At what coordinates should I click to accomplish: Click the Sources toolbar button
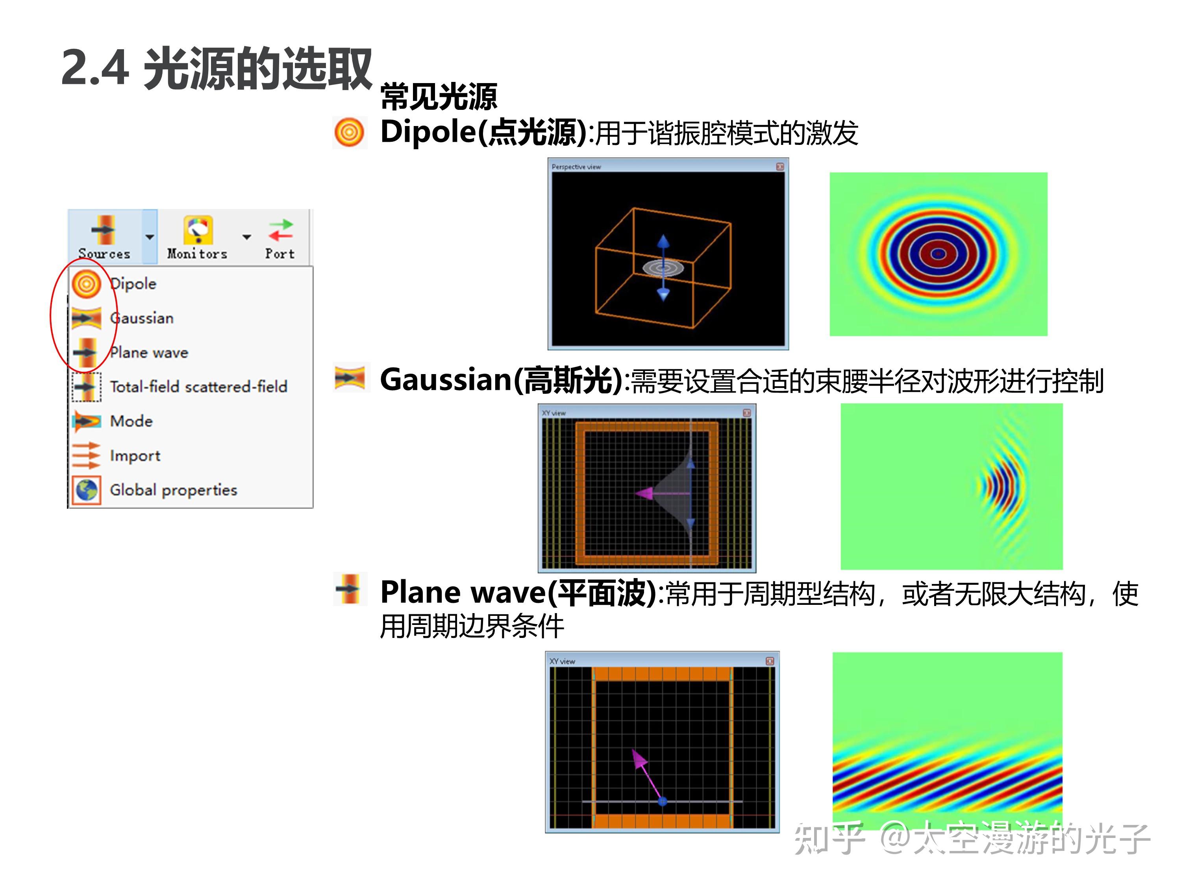tap(104, 237)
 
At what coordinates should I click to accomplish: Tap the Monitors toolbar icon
tap(198, 237)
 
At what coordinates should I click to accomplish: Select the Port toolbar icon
tap(280, 237)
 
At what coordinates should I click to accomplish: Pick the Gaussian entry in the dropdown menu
tap(141, 318)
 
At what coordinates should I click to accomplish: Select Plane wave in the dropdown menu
tap(149, 352)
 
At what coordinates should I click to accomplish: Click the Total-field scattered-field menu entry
tap(198, 387)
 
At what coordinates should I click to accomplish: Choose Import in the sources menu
tap(135, 456)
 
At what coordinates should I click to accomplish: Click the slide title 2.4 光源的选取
tap(216, 69)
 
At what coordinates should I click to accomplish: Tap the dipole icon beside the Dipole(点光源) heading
tap(350, 132)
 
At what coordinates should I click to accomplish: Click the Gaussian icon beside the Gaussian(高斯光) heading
tap(350, 378)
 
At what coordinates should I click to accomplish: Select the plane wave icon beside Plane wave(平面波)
tap(350, 589)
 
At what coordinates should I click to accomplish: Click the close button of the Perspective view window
tap(779, 167)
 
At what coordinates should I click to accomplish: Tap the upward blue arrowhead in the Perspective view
tap(663, 241)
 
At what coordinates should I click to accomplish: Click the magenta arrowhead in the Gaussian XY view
tap(644, 493)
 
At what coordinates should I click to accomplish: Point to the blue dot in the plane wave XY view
tap(663, 801)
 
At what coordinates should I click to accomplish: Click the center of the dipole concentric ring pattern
tap(938, 254)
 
